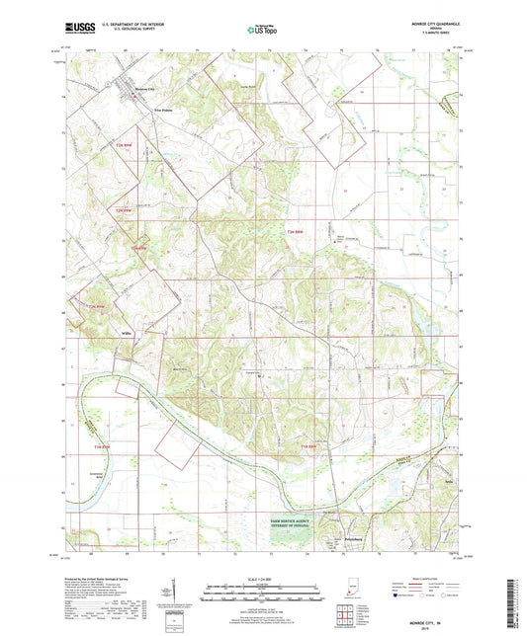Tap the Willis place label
tap(126, 335)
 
